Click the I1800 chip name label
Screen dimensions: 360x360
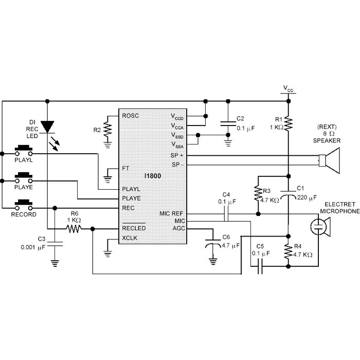coord(153,176)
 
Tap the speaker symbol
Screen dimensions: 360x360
coord(329,160)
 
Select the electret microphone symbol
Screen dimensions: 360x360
coord(320,227)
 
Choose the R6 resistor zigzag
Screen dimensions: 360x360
coord(74,229)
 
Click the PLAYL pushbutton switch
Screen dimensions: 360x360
coord(24,150)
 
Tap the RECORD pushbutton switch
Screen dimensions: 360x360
coord(24,205)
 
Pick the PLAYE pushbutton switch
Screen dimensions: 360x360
coord(24,178)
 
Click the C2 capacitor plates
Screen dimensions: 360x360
coord(228,124)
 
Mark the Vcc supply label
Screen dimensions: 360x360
coord(289,88)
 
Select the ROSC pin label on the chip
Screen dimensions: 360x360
coord(131,116)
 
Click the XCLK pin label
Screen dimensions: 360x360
coord(130,238)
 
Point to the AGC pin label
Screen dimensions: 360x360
coord(178,228)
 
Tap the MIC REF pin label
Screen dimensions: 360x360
coord(171,213)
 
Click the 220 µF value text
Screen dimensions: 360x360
coord(307,197)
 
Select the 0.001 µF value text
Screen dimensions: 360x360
coord(33,247)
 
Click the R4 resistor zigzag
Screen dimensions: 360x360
coord(289,251)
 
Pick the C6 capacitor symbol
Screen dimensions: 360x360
coord(213,243)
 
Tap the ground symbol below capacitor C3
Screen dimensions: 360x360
coord(55,263)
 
